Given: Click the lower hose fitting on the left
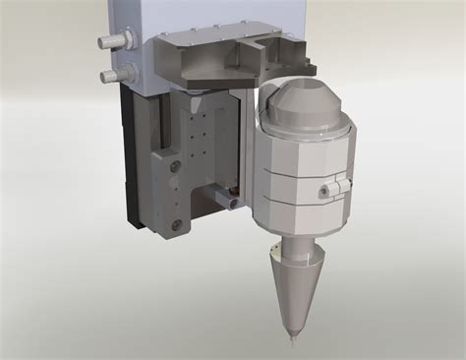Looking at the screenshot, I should [111, 75].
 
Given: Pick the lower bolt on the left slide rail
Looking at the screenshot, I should [177, 227].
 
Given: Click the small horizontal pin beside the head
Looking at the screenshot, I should [229, 201].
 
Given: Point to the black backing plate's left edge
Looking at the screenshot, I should [126, 157].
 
